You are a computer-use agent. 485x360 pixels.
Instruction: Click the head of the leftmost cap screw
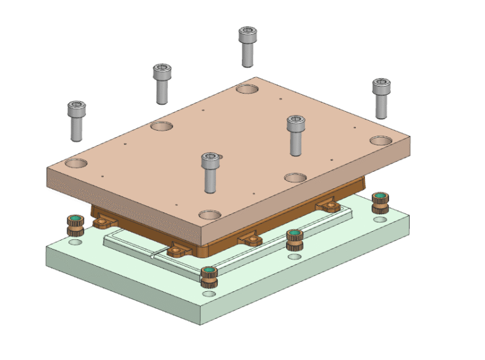pyautogui.click(x=76, y=110)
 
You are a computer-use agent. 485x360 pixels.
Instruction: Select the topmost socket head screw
pyautogui.click(x=247, y=36)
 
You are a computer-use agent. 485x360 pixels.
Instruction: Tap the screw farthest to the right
pyautogui.click(x=380, y=87)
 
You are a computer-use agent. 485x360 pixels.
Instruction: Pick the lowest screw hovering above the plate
pyautogui.click(x=211, y=162)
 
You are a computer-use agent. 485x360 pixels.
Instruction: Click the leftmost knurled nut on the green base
pyautogui.click(x=75, y=224)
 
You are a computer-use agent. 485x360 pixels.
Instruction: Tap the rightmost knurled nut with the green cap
pyautogui.click(x=380, y=203)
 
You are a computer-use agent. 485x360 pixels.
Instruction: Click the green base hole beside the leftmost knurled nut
pyautogui.click(x=75, y=242)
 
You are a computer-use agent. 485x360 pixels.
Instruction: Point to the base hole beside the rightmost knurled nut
pyautogui.click(x=380, y=220)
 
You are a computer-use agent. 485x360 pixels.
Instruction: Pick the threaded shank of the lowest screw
pyautogui.click(x=211, y=180)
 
